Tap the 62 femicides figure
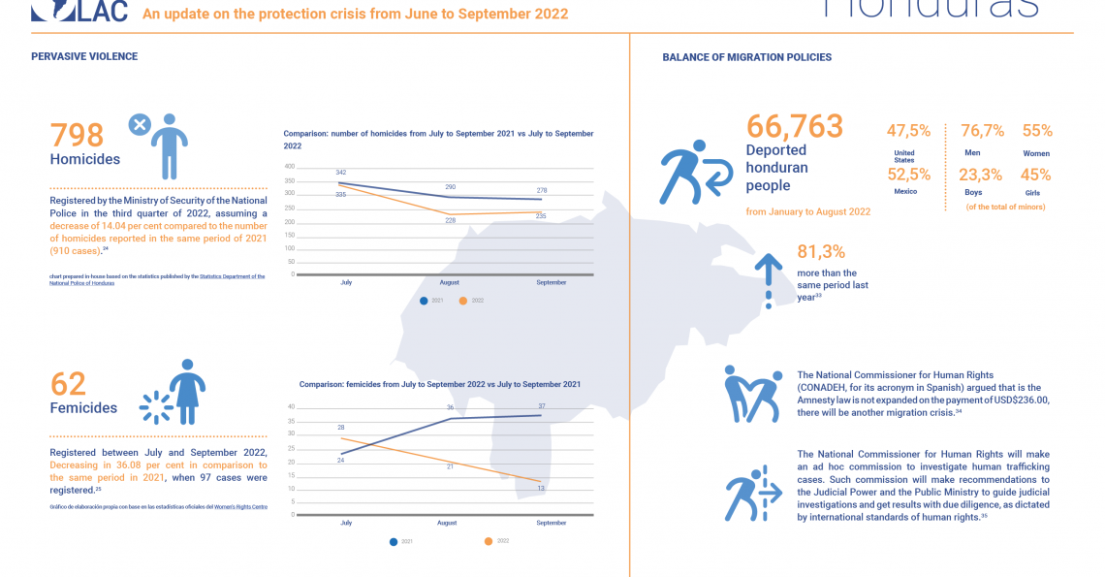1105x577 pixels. pos(68,383)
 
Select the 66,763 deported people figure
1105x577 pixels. pos(794,126)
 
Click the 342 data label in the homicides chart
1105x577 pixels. pos(340,173)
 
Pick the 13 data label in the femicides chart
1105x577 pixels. pos(540,488)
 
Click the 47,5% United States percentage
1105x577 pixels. pos(908,131)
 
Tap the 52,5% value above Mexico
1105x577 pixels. pos(908,175)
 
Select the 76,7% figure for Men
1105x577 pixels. pos(982,131)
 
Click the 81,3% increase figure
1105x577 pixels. pos(822,252)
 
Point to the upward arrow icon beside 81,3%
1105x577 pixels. pos(768,276)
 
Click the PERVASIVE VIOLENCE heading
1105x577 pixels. pos(84,56)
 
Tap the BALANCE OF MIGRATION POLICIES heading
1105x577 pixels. pos(746,57)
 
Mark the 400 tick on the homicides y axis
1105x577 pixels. pos(289,167)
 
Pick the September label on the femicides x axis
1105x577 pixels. pos(551,523)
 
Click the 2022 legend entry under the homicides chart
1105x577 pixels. pos(472,301)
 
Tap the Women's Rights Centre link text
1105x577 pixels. pos(240,506)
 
